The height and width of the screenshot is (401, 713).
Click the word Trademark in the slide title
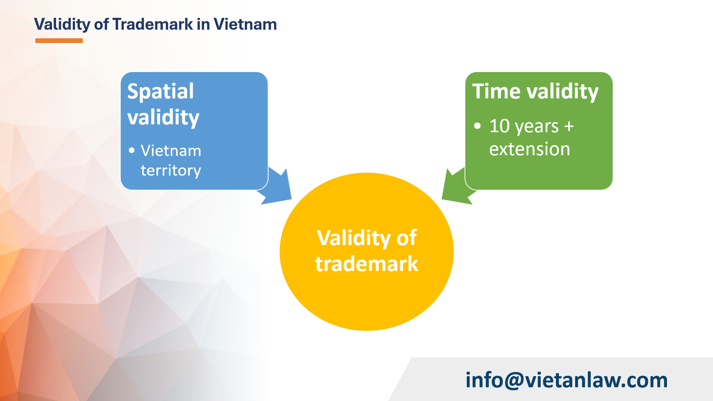point(153,25)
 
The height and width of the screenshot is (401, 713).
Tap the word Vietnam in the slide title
point(245,25)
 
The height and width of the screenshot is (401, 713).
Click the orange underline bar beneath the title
point(59,40)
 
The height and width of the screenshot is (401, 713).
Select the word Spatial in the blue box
point(160,91)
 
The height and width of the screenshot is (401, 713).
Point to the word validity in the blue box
point(163,117)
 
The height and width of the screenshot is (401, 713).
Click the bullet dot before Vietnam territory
point(132,150)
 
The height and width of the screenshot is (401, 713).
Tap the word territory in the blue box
point(171,170)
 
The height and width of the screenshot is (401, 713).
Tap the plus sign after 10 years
point(569,126)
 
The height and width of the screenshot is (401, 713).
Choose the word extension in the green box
point(530,149)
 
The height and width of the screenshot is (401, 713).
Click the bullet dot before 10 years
point(478,126)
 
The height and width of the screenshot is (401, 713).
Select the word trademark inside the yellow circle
point(367,264)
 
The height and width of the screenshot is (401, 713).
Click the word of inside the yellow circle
point(407,238)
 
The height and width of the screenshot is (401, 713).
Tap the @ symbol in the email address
point(514,380)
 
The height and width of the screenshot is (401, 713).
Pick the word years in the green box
point(536,127)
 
